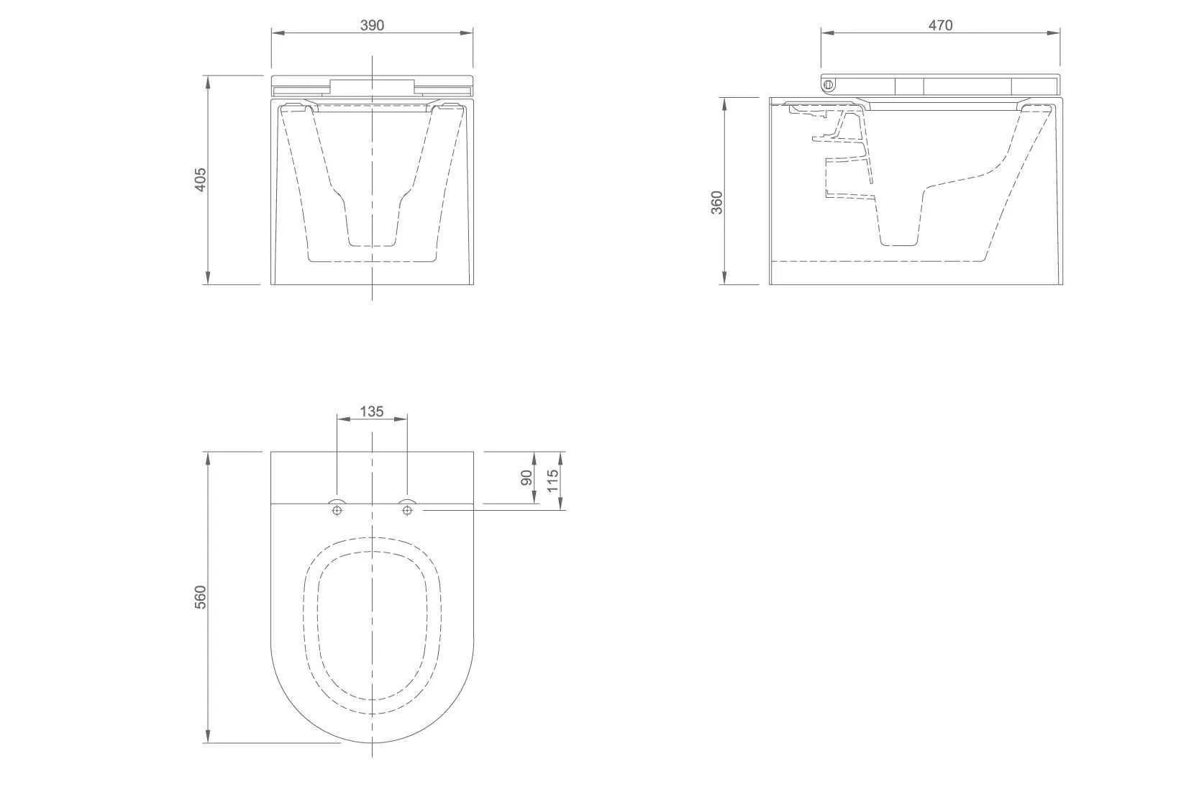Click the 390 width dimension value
(x=372, y=25)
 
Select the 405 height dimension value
(x=201, y=179)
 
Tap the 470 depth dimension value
(x=940, y=25)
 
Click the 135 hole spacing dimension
(x=372, y=411)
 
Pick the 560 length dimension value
(x=201, y=597)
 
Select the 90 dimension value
(x=526, y=478)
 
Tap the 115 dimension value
(x=552, y=480)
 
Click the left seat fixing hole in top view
(x=337, y=510)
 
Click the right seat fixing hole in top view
(x=407, y=510)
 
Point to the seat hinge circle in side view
(x=828, y=85)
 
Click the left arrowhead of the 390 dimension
(x=275, y=33)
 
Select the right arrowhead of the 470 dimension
(x=1055, y=33)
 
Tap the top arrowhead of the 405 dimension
(x=208, y=79)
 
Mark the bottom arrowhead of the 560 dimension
(x=208, y=738)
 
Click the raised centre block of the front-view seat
(x=372, y=86)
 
